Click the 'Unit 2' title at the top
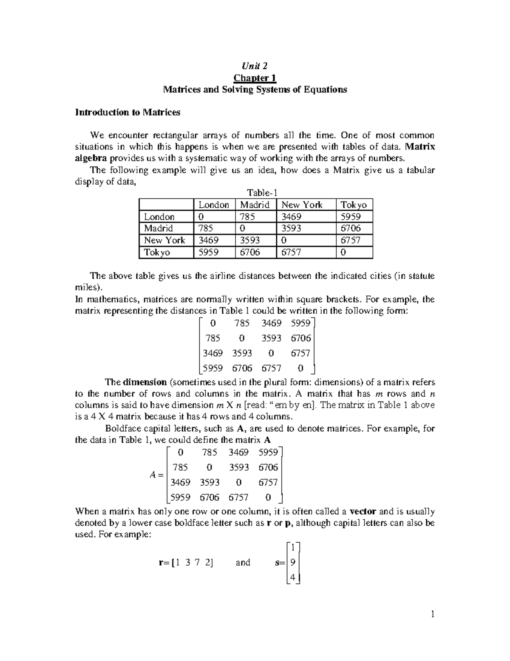click(x=255, y=66)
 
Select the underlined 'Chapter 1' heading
click(x=255, y=78)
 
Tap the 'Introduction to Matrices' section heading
click(x=127, y=112)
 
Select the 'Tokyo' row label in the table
click(x=157, y=252)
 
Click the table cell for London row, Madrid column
click(x=247, y=217)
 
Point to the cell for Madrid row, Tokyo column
click(x=351, y=229)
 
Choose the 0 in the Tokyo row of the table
click(x=343, y=252)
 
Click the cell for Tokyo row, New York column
click(x=291, y=252)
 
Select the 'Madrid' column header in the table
click(x=255, y=205)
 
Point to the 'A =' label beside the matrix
click(x=156, y=475)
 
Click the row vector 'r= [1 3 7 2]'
click(x=185, y=562)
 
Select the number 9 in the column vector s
click(x=292, y=562)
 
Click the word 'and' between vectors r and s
click(x=243, y=562)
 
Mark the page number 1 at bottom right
click(x=432, y=614)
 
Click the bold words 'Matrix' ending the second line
click(x=420, y=147)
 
